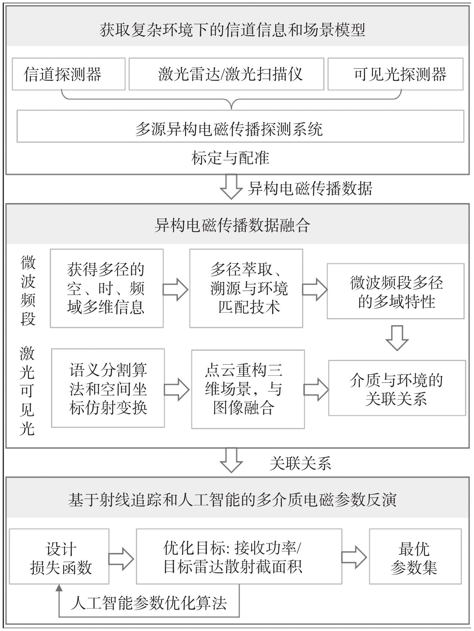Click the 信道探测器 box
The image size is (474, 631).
[x=69, y=74]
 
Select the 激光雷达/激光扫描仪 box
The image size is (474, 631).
[x=226, y=74]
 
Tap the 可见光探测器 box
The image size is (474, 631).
[x=395, y=74]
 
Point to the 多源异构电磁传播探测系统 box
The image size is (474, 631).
[x=240, y=126]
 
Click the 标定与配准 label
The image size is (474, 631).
[x=230, y=158]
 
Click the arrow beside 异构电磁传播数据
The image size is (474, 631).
[x=231, y=187]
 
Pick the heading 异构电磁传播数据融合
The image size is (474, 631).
[x=232, y=225]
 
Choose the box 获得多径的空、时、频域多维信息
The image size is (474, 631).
[x=107, y=288]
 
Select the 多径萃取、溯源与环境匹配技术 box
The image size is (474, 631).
[x=246, y=288]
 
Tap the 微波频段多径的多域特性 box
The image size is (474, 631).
[x=396, y=291]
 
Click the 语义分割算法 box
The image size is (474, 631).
[x=108, y=388]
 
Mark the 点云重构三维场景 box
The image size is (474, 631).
[x=248, y=389]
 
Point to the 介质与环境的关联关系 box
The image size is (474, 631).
[x=397, y=388]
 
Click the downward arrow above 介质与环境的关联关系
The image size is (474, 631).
[x=397, y=338]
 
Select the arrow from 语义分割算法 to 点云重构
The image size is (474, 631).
[x=177, y=389]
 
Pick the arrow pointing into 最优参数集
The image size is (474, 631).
[x=354, y=557]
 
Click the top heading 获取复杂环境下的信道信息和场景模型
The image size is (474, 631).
[x=232, y=30]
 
